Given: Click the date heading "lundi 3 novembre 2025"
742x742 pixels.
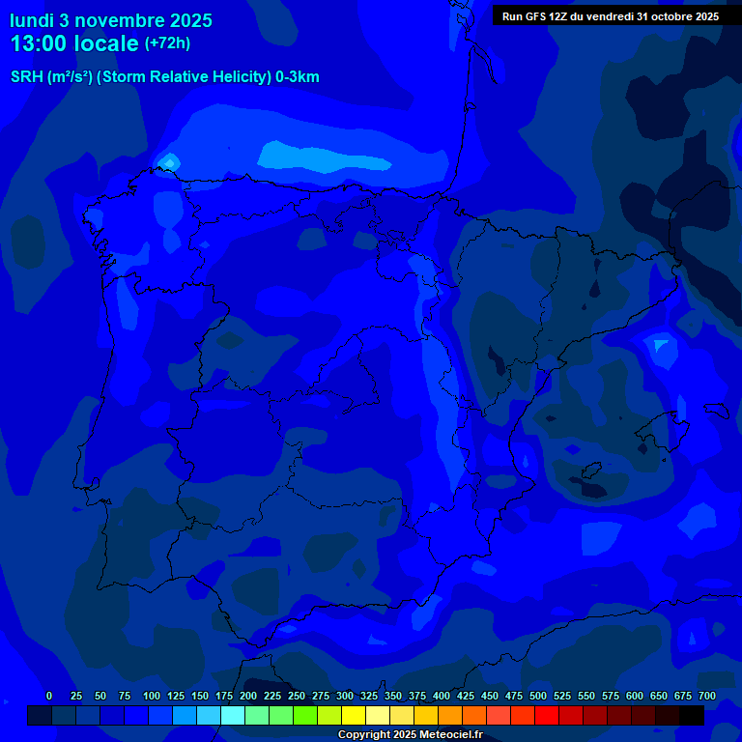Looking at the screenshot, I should click(111, 20).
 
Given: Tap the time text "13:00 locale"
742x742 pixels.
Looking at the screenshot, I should click(74, 43).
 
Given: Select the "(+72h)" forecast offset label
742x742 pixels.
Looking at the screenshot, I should click(167, 43).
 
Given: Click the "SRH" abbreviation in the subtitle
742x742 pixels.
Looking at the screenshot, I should click(26, 77).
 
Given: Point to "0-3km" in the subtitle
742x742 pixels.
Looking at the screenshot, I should click(297, 77).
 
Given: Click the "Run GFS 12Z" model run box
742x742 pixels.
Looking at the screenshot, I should click(609, 15).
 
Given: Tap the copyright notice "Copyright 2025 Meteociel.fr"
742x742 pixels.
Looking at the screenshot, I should click(410, 735).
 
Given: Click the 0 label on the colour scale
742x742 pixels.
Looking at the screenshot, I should click(49, 696).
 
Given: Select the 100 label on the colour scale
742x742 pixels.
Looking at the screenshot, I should click(152, 696).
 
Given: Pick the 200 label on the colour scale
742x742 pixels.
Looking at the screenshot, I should click(248, 696).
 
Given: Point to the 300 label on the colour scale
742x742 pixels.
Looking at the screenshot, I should click(345, 696).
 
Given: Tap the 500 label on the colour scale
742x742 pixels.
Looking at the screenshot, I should click(538, 696).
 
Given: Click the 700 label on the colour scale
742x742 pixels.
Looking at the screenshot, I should click(707, 696).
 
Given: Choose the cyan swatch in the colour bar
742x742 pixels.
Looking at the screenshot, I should click(233, 715).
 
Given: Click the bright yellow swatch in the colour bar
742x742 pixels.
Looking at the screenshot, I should click(354, 715).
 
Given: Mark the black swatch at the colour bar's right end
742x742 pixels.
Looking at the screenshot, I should click(692, 715).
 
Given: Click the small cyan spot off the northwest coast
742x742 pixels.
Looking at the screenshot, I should click(169, 161).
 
